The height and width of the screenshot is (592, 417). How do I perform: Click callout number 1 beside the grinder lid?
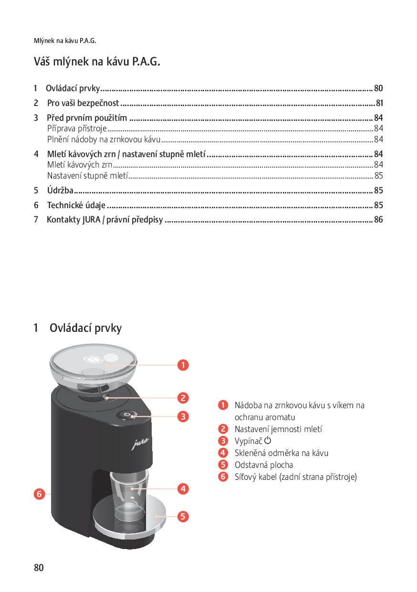(x=182, y=365)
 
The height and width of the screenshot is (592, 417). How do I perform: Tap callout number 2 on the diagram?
(x=182, y=397)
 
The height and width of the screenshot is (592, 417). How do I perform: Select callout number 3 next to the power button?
(x=182, y=416)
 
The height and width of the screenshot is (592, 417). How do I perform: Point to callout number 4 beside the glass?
(x=182, y=488)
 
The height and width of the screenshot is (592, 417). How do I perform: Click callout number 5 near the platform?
(x=182, y=516)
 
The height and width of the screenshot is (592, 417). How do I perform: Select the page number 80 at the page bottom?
(x=39, y=568)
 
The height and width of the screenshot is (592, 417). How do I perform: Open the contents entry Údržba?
(x=60, y=190)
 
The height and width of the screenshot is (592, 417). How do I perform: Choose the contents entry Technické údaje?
(x=76, y=205)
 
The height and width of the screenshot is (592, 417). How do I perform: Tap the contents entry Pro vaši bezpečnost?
(x=83, y=103)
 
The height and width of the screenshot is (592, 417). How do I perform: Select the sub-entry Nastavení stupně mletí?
(x=87, y=176)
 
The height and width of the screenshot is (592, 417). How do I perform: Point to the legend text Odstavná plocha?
(x=263, y=465)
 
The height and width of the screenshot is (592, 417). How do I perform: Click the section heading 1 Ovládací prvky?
(x=78, y=328)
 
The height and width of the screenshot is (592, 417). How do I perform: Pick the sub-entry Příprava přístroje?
(x=76, y=128)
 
